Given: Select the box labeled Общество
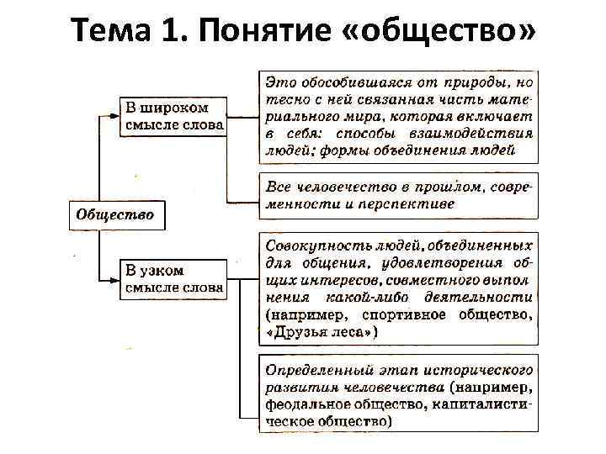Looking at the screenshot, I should click(x=115, y=214).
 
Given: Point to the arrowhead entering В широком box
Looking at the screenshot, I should click(x=119, y=112).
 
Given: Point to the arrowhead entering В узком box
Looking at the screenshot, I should click(x=119, y=277).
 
